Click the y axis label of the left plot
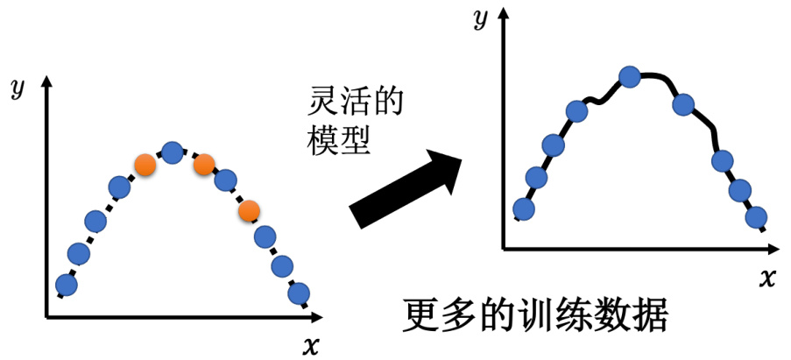pyautogui.click(x=16, y=88)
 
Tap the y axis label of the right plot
pyautogui.click(x=480, y=19)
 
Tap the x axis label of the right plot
pyautogui.click(x=767, y=279)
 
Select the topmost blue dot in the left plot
pyautogui.click(x=173, y=153)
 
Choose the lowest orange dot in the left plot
pyautogui.click(x=250, y=210)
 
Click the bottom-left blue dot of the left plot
pyautogui.click(x=65, y=285)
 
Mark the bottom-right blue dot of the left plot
pyautogui.click(x=299, y=293)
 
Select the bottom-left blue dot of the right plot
pyautogui.click(x=523, y=208)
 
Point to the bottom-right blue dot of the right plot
pyautogui.click(x=756, y=216)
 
